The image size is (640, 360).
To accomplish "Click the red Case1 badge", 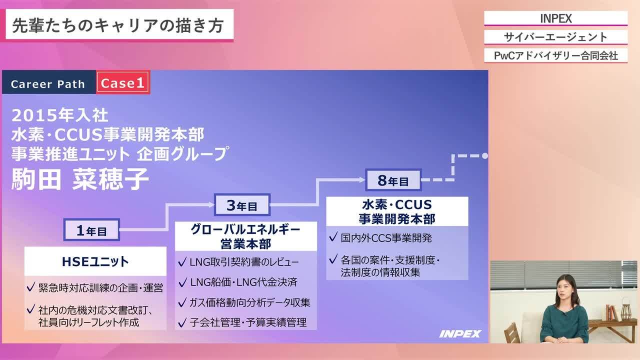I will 122,83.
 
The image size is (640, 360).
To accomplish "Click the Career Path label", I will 48,84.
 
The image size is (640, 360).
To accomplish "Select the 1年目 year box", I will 91,230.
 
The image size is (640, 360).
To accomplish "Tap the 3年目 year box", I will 242,205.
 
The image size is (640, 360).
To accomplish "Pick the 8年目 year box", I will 393,180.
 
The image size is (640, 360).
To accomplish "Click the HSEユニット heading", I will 95,261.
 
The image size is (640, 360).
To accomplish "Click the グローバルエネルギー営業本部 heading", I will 246,236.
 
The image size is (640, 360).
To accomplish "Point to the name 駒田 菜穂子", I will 80,179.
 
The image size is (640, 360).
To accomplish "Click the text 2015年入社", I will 60,115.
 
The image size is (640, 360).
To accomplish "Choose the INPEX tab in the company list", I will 555,18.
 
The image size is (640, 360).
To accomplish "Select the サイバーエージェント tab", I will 555,37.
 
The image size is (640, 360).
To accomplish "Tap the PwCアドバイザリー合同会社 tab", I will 555,55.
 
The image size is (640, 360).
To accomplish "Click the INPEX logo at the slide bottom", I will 460,333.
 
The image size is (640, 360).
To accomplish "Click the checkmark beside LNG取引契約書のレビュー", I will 182,261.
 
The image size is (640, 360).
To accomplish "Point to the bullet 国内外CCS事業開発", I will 386,238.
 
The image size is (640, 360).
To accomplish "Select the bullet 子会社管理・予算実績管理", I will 248,322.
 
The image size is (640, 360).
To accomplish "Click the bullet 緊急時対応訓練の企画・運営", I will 100,288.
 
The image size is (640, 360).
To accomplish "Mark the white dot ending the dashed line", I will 484,156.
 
